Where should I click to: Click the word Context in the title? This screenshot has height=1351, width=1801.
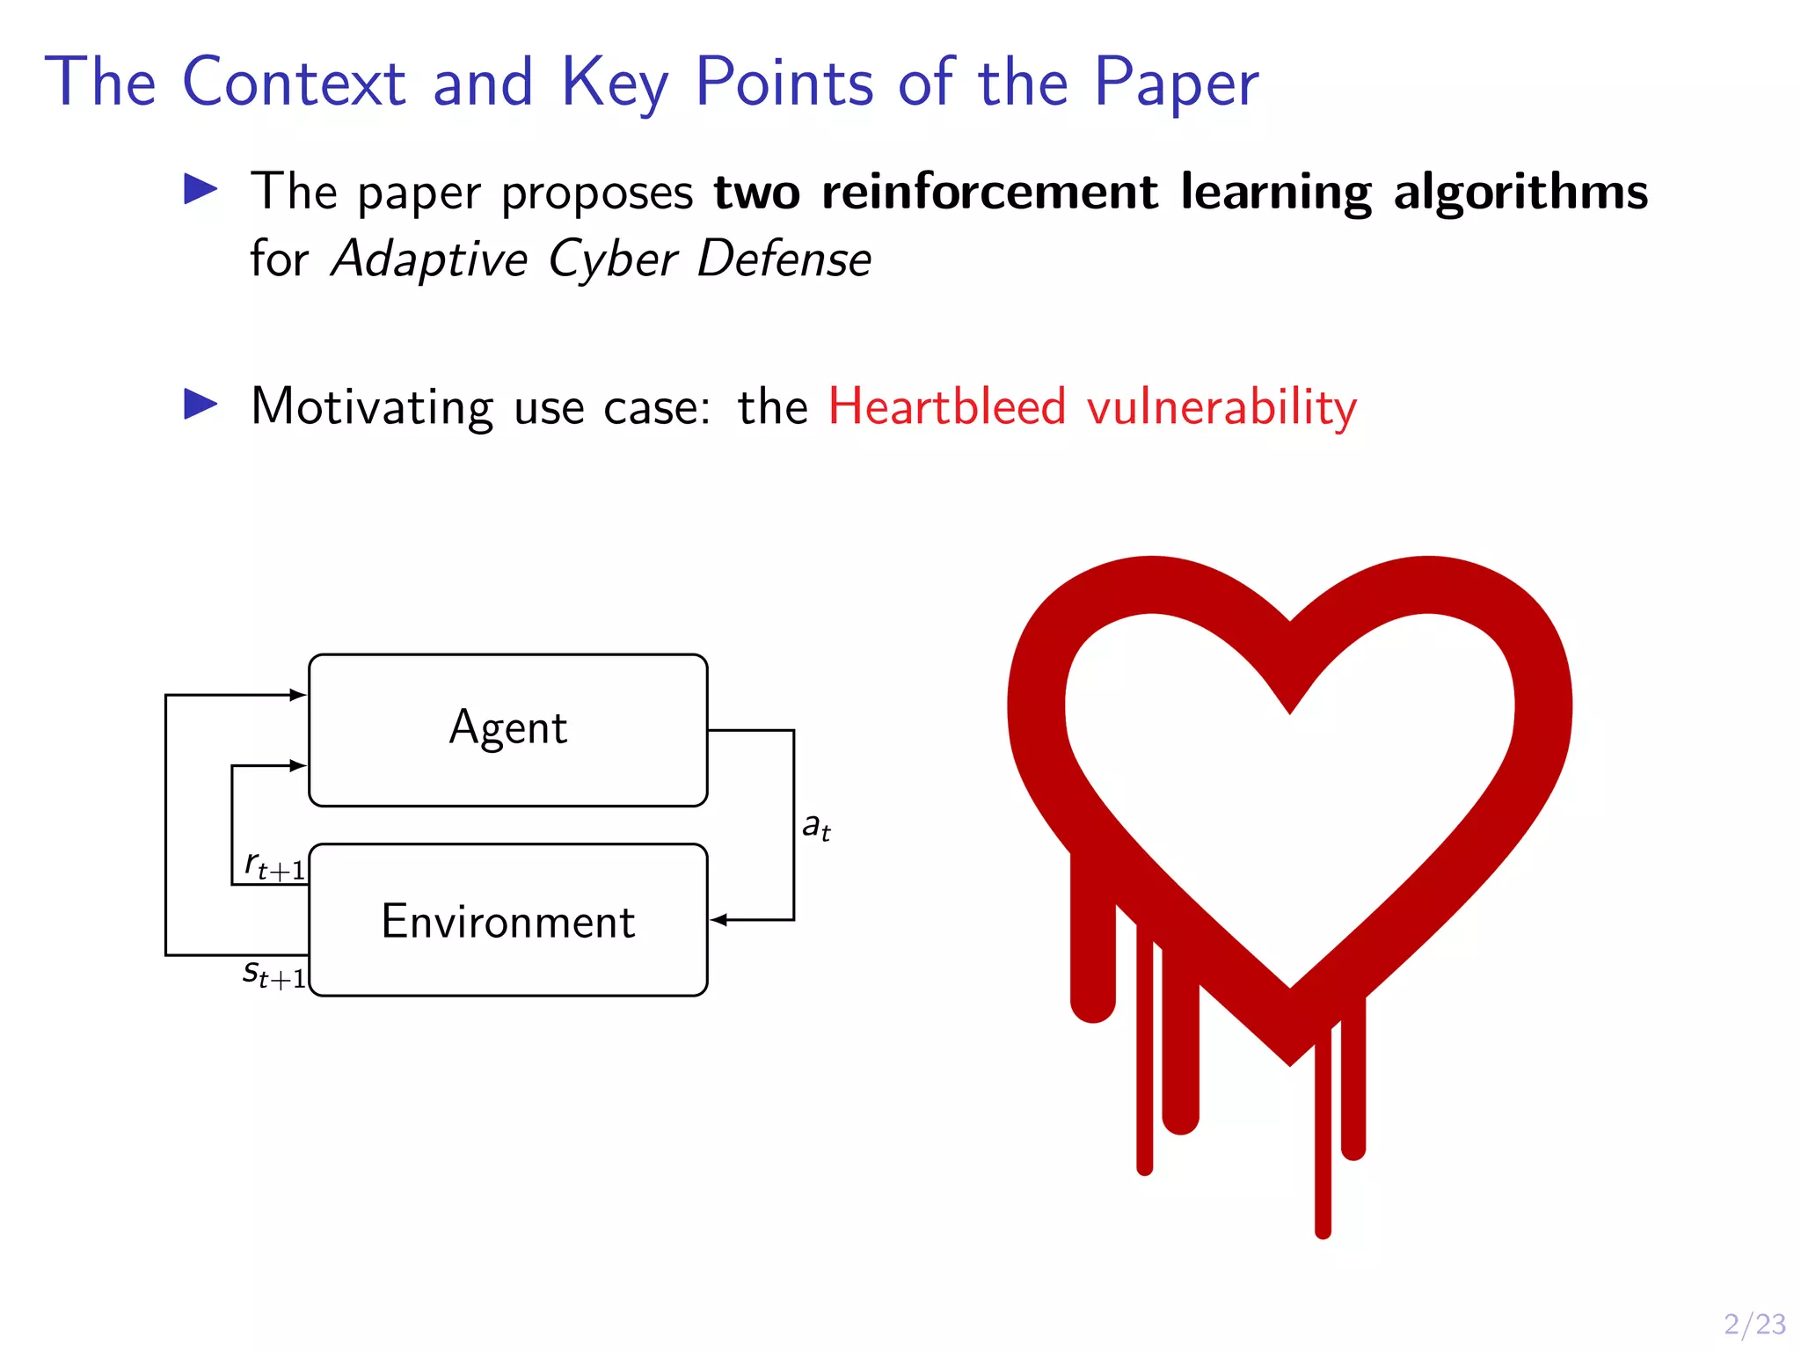click(294, 82)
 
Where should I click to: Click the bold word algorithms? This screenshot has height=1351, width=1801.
click(1520, 193)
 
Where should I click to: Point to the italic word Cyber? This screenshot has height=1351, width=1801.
click(612, 259)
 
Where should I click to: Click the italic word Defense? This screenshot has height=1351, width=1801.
click(784, 259)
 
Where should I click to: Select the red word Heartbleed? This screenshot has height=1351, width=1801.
click(946, 406)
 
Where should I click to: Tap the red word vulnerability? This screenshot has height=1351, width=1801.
click(1221, 408)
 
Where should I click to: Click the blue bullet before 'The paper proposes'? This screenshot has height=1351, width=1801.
click(201, 189)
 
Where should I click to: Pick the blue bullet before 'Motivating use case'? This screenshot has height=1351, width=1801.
click(201, 405)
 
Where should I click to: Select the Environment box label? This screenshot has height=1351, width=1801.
click(507, 921)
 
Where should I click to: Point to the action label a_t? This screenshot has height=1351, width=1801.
click(816, 827)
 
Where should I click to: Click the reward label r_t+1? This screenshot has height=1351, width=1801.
click(274, 865)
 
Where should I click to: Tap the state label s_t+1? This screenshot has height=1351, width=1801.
click(274, 974)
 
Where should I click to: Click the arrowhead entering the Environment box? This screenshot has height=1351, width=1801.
click(718, 920)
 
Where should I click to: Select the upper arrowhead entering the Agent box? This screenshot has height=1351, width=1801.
click(298, 695)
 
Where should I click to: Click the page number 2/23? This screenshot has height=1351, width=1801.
click(1754, 1324)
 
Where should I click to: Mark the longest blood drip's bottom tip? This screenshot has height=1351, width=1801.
click(1323, 1233)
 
